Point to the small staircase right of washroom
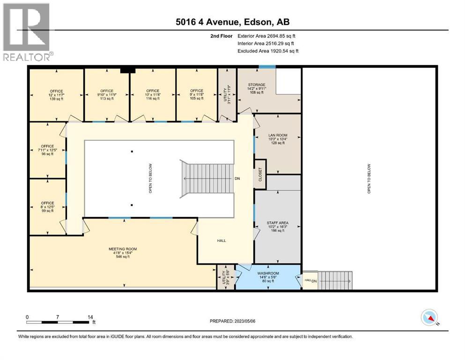point(334,280)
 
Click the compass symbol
point(429,318)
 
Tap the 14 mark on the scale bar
point(89,317)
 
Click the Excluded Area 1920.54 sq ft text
point(268,51)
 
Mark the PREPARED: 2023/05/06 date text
point(233,321)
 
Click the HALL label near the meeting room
point(221,240)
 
